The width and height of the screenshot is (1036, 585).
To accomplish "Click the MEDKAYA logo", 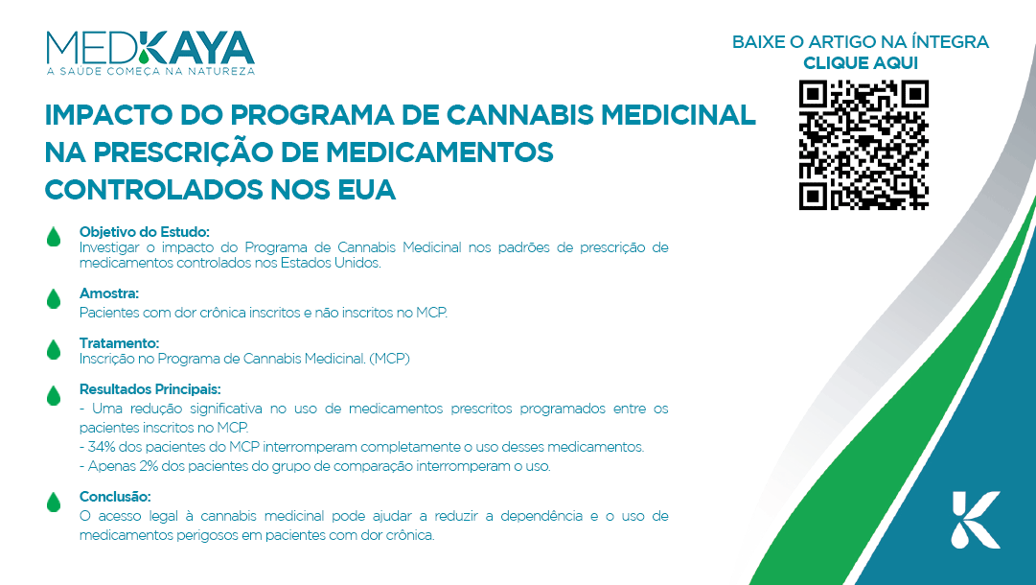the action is (150, 53).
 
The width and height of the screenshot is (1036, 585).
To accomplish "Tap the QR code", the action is (863, 145).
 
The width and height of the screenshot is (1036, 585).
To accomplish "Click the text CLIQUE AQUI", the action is (861, 62).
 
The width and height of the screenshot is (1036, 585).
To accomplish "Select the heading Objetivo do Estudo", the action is (144, 232).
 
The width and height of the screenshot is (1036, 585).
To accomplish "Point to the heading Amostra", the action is (109, 293).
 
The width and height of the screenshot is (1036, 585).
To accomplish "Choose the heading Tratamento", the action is (119, 343).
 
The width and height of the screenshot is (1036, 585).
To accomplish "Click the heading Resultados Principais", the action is (150, 389).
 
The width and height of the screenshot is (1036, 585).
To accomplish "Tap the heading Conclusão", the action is (115, 497).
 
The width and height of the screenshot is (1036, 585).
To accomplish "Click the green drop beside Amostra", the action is (54, 299).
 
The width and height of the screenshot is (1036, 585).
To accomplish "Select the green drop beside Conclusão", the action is (54, 502).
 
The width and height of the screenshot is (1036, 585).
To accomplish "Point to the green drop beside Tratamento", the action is (54, 349).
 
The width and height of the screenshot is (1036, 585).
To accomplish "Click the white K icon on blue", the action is (976, 520).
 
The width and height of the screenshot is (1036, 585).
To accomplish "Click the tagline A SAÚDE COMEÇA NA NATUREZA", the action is (150, 71).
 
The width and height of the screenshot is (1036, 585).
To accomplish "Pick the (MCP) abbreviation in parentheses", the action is (390, 359).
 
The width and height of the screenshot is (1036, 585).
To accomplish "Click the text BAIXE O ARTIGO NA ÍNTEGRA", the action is (861, 41).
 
